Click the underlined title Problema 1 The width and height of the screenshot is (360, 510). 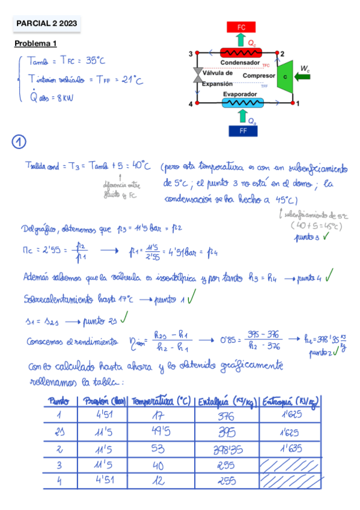(35, 44)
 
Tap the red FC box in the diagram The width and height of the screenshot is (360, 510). (242, 27)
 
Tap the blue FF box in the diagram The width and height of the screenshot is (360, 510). (243, 131)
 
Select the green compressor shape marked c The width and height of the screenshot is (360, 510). (285, 77)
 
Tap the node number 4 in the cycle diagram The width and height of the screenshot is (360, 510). (191, 105)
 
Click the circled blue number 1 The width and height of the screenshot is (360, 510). (19, 142)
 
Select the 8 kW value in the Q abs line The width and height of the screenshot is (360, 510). (63, 99)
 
